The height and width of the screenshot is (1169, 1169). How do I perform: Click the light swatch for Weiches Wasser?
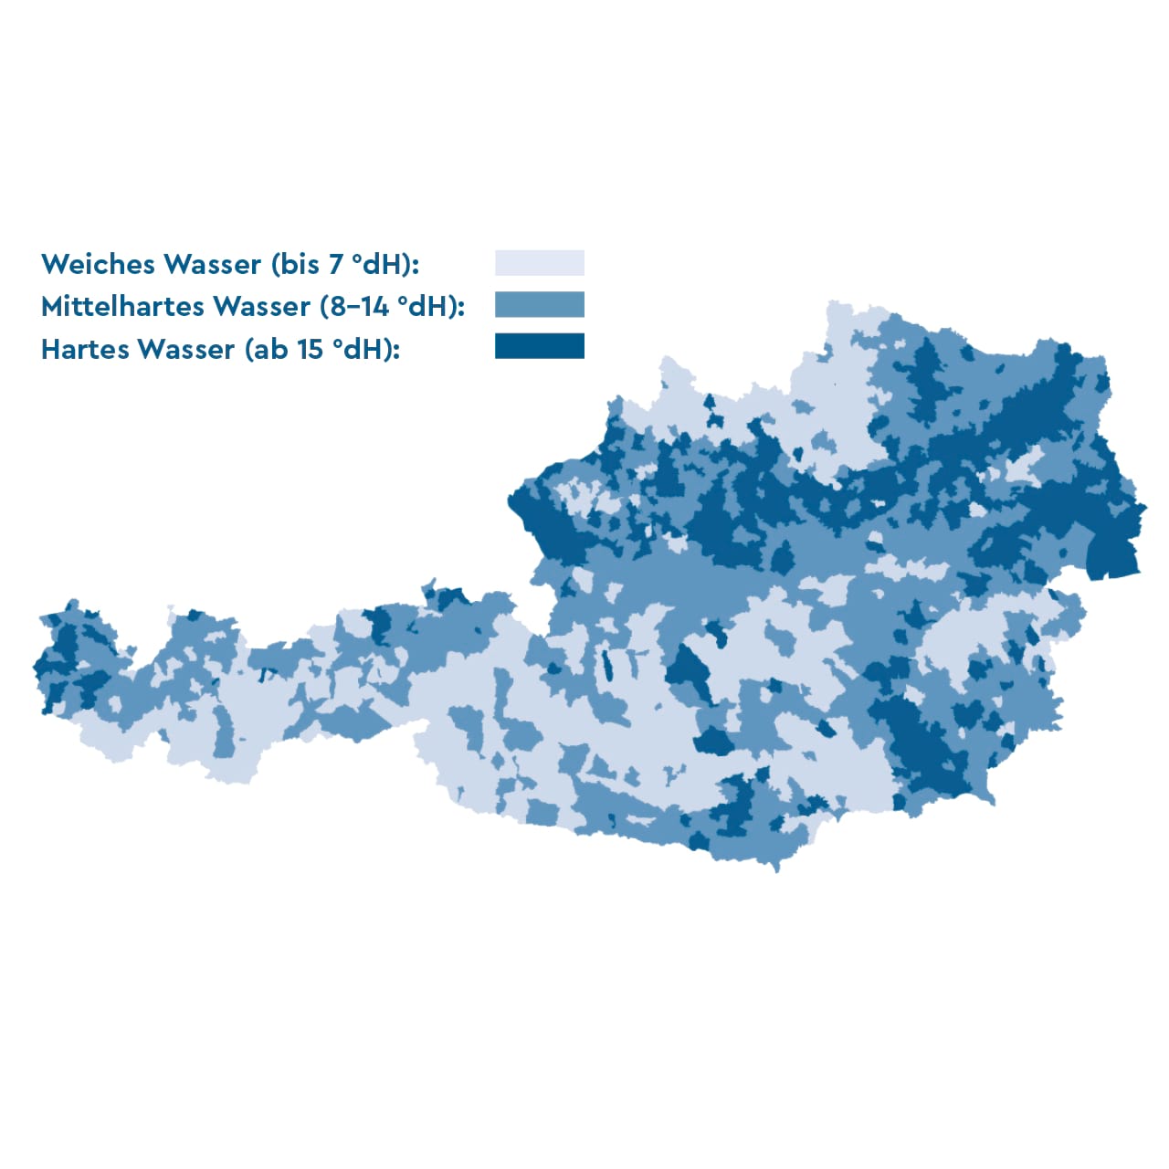coord(539,263)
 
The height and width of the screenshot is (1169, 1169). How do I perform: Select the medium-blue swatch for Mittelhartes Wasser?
coord(539,305)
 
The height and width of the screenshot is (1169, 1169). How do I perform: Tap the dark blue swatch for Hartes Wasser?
coord(539,346)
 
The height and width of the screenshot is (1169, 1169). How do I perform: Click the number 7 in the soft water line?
coord(336,264)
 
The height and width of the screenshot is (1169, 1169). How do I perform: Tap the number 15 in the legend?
coord(311,349)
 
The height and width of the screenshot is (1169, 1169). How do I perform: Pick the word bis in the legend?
coord(298,264)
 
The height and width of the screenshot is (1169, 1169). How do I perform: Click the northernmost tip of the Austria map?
coord(833,302)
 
